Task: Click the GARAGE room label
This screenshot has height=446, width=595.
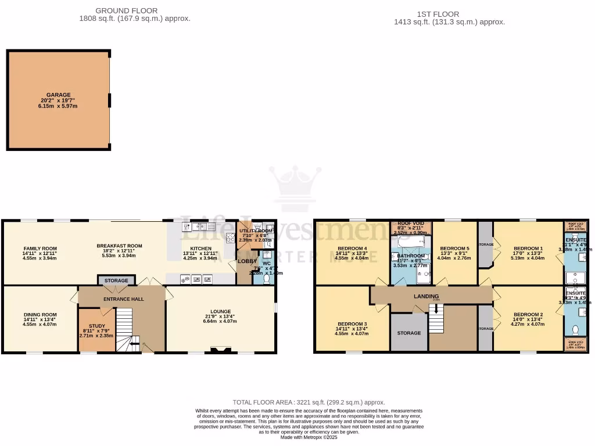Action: click(x=59, y=95)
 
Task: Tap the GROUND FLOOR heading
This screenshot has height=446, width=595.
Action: click(x=126, y=10)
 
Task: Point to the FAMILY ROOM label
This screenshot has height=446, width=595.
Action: click(x=40, y=247)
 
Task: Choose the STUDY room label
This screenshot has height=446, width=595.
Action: click(x=97, y=326)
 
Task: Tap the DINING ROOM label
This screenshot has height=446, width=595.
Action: click(x=40, y=314)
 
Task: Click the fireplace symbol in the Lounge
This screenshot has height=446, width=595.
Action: click(x=220, y=350)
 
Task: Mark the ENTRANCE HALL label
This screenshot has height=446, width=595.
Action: click(x=124, y=298)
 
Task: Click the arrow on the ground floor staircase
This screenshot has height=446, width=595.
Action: click(x=134, y=344)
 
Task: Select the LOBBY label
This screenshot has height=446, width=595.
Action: click(x=243, y=261)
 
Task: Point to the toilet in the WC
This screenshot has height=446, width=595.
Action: click(x=267, y=279)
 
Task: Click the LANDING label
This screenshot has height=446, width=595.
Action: click(x=426, y=296)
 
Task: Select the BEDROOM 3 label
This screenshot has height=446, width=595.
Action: click(x=352, y=323)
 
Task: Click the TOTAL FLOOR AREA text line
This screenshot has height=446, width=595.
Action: click(x=309, y=402)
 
